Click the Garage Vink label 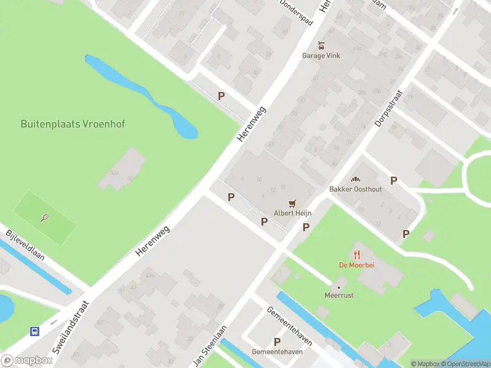tap(320, 55)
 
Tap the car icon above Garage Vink tap(320, 45)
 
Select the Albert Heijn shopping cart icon tap(293, 203)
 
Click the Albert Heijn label tap(293, 213)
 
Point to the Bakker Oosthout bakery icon tap(355, 179)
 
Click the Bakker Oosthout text tap(355, 189)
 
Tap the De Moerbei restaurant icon tap(357, 254)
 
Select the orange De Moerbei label tap(357, 265)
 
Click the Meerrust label tap(339, 295)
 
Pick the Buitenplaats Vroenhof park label tap(72, 124)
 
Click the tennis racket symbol tap(45, 217)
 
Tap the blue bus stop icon tap(35, 332)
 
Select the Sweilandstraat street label tap(71, 327)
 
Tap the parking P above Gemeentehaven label tap(277, 342)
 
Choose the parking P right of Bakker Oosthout tap(394, 181)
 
